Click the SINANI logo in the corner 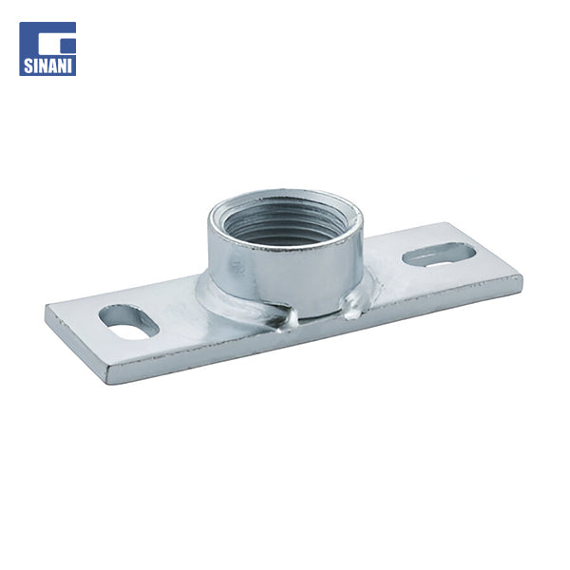tap(47, 48)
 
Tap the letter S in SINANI tap(28, 66)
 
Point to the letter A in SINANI tap(52, 66)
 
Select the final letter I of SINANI tap(71, 66)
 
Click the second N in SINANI tap(63, 66)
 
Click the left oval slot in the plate tap(130, 322)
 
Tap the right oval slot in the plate tap(439, 255)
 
